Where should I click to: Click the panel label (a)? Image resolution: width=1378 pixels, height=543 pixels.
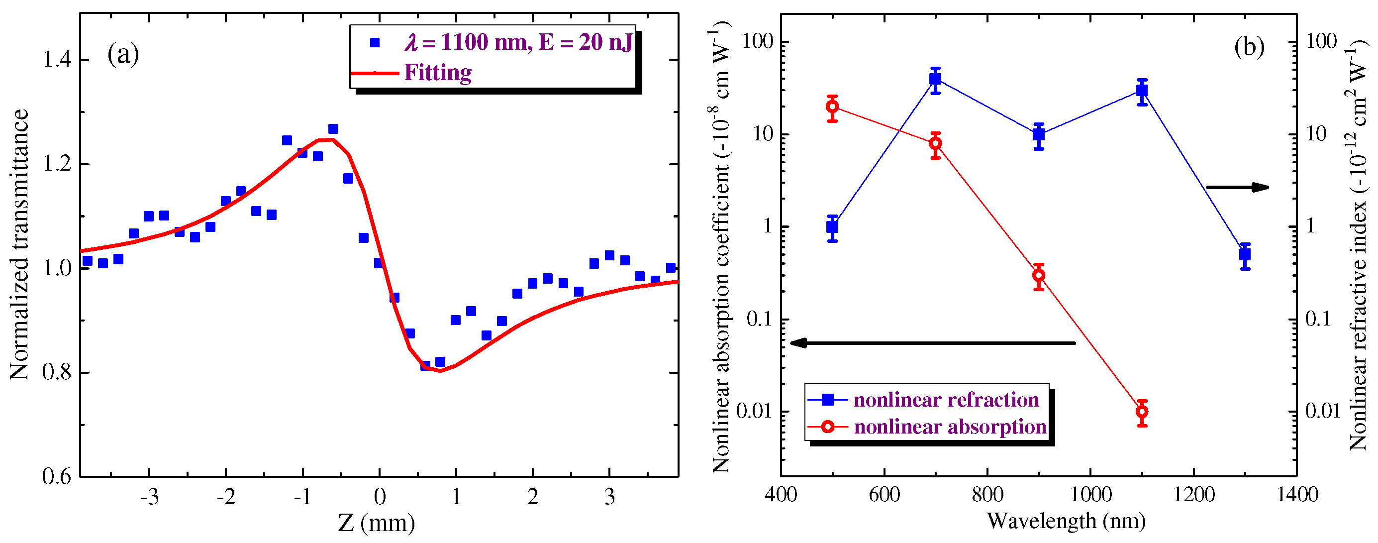[123, 55]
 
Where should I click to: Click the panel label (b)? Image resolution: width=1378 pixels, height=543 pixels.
[1249, 47]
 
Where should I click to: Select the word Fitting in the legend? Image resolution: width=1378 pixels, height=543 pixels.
[438, 73]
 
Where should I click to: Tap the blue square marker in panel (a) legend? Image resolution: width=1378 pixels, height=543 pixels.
[375, 43]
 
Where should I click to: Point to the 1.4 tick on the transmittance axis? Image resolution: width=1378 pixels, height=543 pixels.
[57, 59]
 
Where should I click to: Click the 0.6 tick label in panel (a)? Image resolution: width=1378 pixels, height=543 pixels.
[57, 476]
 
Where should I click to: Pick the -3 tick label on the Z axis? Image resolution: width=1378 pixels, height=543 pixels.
[149, 498]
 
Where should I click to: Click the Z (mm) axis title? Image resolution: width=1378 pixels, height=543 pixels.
[376, 523]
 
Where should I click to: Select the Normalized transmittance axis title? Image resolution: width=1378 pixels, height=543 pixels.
[19, 244]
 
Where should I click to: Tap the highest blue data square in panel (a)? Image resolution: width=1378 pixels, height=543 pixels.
[333, 129]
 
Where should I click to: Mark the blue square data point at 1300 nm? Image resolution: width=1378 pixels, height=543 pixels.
[1245, 255]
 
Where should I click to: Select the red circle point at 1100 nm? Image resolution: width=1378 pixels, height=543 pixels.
[1142, 412]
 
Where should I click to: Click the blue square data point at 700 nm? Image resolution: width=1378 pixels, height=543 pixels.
[935, 79]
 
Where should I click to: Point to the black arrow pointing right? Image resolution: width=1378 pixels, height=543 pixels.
[1237, 187]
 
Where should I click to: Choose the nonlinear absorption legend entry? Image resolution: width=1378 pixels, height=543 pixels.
[950, 427]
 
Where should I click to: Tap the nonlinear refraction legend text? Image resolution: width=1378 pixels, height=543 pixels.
[946, 400]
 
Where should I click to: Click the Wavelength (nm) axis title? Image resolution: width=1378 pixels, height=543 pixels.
[1066, 521]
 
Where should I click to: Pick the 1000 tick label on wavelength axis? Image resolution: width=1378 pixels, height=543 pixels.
[1090, 494]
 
